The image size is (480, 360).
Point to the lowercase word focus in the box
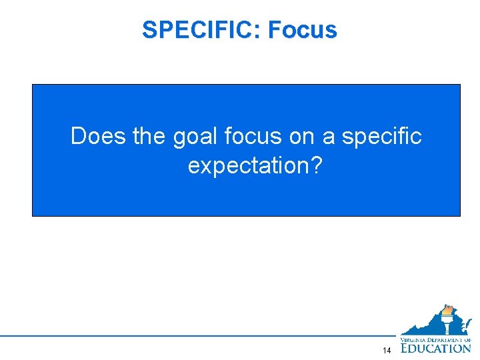pos(254,136)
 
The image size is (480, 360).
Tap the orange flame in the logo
pos(448,311)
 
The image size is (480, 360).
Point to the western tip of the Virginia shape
pos(402,333)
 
